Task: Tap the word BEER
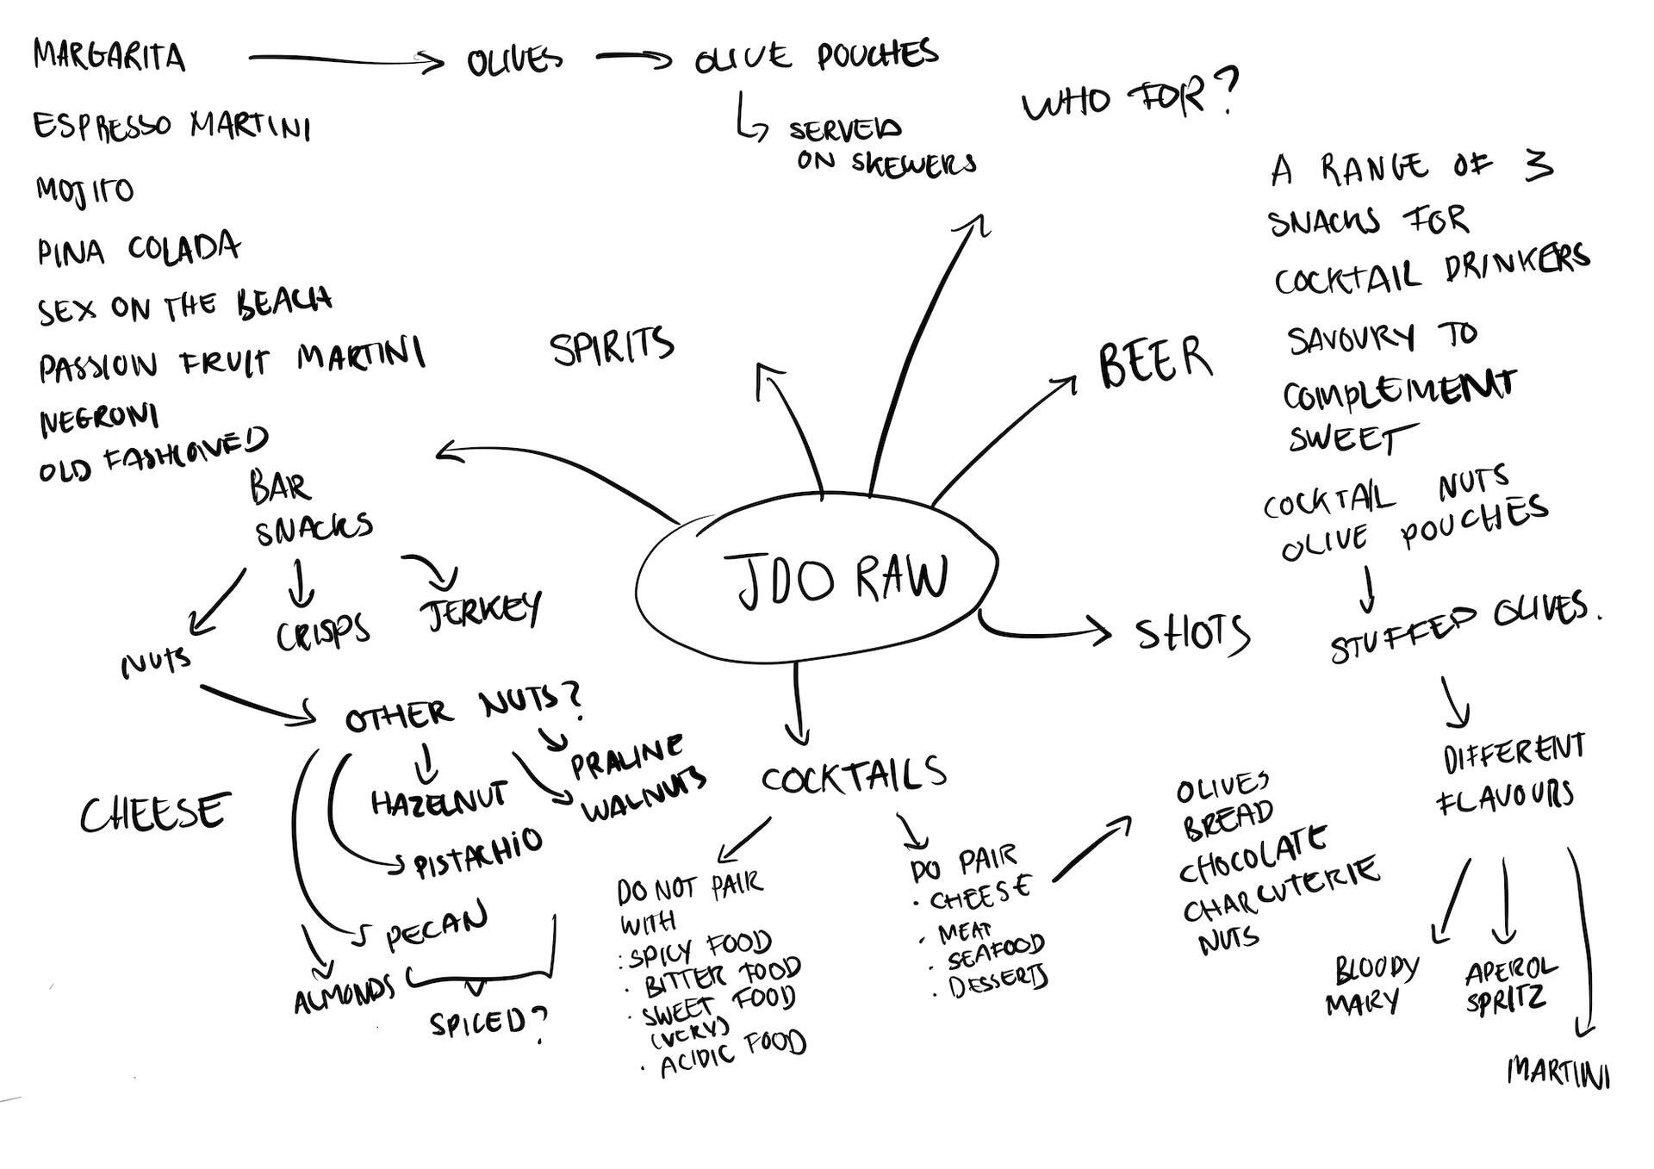pyautogui.click(x=1154, y=363)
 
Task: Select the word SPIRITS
pyautogui.click(x=612, y=346)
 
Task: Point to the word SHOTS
pyautogui.click(x=1192, y=635)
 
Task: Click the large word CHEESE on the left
pyautogui.click(x=156, y=812)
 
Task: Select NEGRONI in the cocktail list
pyautogui.click(x=99, y=420)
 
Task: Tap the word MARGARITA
pyautogui.click(x=109, y=57)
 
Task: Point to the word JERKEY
pyautogui.click(x=481, y=610)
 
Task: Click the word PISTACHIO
pyautogui.click(x=479, y=854)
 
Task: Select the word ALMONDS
pyautogui.click(x=344, y=995)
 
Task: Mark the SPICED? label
pyautogui.click(x=488, y=1023)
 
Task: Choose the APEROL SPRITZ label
pyautogui.click(x=1509, y=984)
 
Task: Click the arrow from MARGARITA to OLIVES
pyautogui.click(x=345, y=59)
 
